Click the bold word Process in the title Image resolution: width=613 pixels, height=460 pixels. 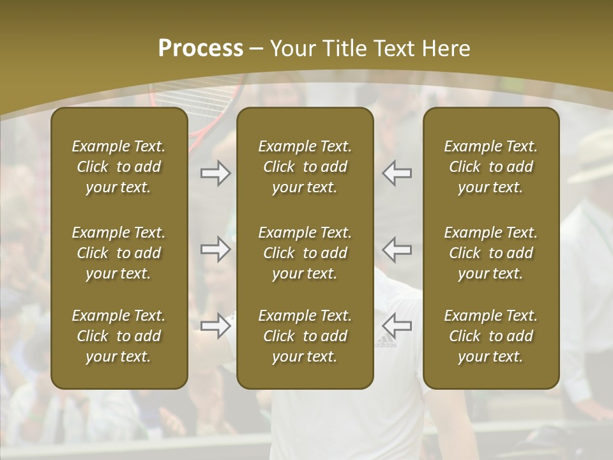[201, 49]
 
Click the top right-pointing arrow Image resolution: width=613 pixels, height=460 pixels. [215, 173]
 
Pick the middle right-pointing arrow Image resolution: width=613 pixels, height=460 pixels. [215, 249]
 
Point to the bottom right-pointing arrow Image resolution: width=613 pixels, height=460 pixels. [215, 326]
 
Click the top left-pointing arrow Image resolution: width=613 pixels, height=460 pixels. [397, 173]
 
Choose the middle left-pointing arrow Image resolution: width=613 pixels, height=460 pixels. [397, 249]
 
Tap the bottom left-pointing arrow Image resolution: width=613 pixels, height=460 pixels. [397, 326]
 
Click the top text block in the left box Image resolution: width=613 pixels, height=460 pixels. [119, 167]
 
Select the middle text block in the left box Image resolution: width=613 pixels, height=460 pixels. [119, 253]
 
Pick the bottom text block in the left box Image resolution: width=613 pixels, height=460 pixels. [119, 336]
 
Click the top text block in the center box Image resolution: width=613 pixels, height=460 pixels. [305, 167]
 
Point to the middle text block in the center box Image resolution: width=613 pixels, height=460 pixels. [305, 253]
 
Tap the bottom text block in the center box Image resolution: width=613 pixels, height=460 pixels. [305, 336]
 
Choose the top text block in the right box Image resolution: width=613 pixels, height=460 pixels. [490, 167]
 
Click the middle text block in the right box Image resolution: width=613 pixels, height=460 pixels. [490, 253]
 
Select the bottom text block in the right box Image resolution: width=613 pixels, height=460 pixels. [490, 336]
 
